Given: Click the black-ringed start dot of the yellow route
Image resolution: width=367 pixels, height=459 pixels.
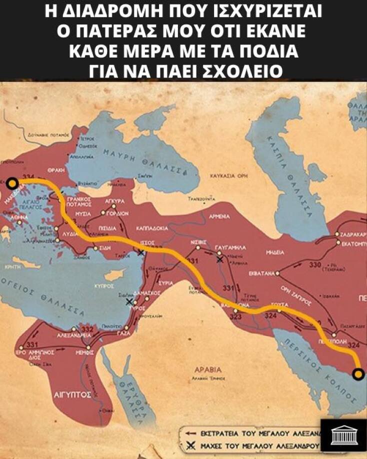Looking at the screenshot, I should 12,184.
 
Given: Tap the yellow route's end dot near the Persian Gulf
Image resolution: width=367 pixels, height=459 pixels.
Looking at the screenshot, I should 358,373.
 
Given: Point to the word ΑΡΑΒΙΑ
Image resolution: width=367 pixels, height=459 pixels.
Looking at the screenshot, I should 209,370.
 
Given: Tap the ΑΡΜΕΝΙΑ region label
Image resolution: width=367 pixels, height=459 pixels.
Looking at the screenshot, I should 220,216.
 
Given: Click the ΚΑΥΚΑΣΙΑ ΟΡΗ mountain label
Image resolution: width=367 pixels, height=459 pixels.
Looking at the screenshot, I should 228,176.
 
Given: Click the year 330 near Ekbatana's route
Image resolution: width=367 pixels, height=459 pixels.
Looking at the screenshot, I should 315,264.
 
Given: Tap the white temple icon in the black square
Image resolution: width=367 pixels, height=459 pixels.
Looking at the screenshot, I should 343,433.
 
